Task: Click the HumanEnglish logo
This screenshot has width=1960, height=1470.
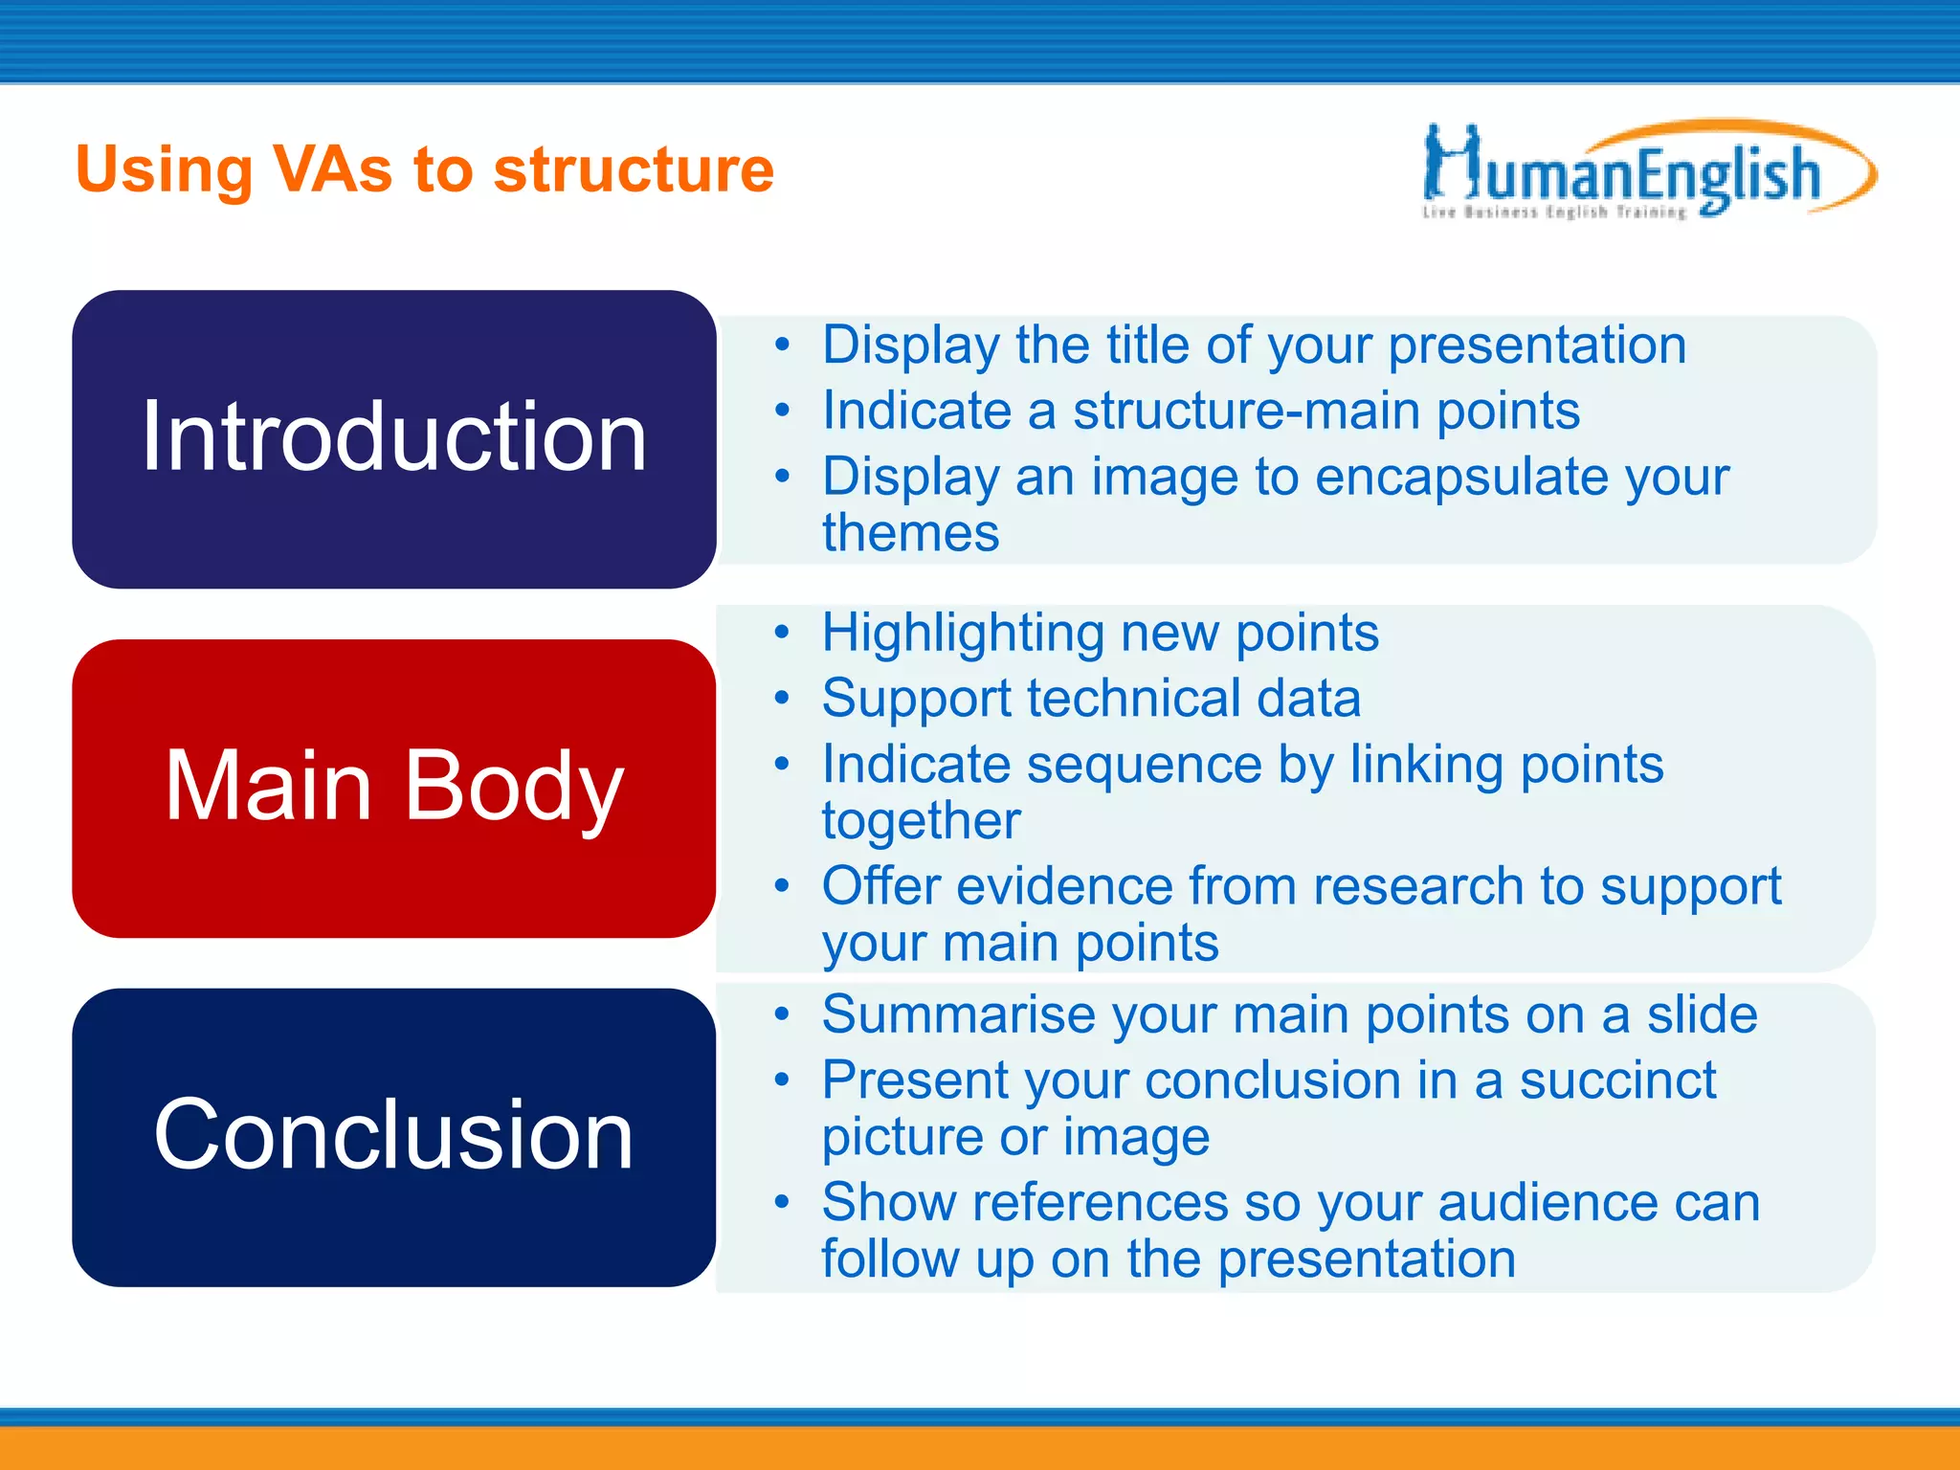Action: pos(1646,168)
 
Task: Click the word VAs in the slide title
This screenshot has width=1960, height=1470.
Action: pos(332,170)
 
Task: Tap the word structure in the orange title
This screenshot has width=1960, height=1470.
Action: pos(633,170)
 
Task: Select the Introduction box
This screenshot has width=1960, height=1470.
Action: pos(393,438)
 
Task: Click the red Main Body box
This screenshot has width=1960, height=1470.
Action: pos(393,788)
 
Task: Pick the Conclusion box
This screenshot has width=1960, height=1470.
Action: pos(393,1137)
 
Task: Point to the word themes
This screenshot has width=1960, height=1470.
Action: pos(910,533)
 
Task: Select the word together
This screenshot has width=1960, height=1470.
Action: pos(921,821)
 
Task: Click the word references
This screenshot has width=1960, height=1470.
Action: pos(1100,1203)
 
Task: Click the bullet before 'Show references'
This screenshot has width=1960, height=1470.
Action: pos(783,1203)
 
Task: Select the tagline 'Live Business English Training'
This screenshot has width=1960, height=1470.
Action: pos(1554,212)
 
